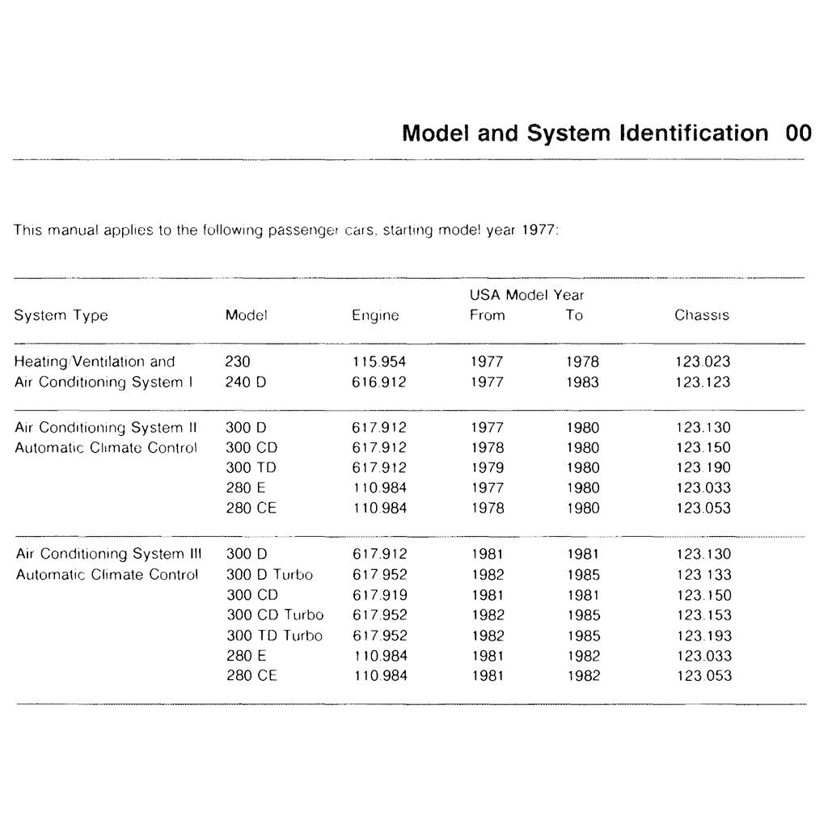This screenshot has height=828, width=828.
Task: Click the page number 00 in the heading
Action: point(797,133)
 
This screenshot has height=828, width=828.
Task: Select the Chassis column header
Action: point(701,315)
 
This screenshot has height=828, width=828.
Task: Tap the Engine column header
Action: point(375,315)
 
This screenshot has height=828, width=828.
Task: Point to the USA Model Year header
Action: point(526,296)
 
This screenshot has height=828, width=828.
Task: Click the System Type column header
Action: point(61,315)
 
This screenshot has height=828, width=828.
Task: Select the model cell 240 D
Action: point(246,382)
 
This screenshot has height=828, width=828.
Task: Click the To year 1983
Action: point(582,382)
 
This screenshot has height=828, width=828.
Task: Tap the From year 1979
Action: point(487,467)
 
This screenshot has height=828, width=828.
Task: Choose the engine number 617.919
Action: point(379,595)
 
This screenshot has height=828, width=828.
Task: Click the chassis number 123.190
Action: point(703,467)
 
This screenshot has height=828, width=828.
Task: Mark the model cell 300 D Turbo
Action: point(269,575)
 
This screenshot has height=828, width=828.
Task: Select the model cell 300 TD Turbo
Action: point(274,636)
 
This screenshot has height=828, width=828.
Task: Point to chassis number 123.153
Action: point(703,615)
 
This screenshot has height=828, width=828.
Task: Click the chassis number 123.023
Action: point(702,362)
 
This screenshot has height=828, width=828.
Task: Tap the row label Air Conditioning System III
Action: point(108,555)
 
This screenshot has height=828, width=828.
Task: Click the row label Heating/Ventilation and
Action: point(95,362)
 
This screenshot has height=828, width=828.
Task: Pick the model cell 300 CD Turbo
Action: point(275,615)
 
